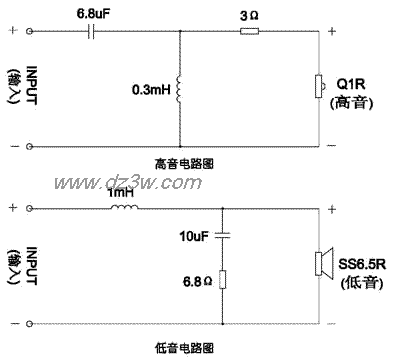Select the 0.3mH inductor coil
(x=179, y=90)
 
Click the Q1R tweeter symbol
(x=320, y=87)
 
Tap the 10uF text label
(x=194, y=239)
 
